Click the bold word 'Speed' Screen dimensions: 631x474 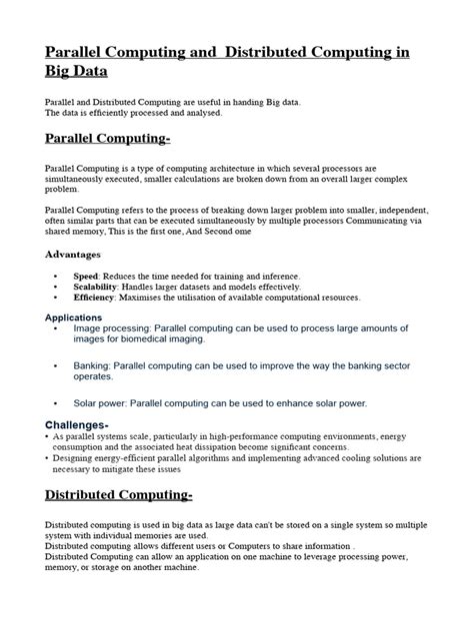86,275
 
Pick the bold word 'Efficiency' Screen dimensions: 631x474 94,297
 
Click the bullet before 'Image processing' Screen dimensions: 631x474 52,329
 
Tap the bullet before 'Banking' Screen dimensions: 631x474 52,367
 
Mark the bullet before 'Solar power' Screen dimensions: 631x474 52,404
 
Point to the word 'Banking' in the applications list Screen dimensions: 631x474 94,366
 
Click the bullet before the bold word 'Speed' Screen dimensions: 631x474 53,275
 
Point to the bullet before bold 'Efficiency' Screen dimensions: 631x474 53,297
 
